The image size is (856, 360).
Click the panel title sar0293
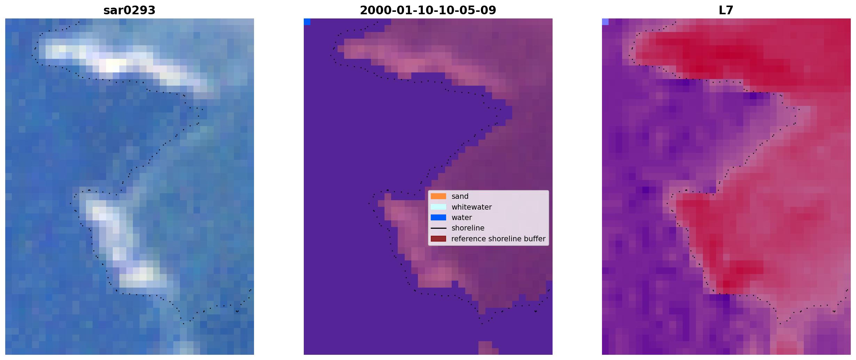pos(129,10)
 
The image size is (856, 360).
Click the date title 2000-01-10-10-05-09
pos(428,10)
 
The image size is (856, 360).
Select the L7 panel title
pos(726,10)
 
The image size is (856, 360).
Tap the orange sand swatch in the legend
pos(438,196)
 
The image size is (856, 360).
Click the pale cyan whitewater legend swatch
pos(438,207)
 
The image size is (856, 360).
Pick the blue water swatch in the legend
pos(438,218)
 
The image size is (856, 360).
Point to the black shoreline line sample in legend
pos(438,228)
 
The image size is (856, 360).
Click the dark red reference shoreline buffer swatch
pos(438,239)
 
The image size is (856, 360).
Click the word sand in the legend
pos(460,196)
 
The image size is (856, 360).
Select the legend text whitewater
pos(471,207)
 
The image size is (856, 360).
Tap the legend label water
pos(462,218)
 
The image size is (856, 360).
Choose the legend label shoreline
pos(468,228)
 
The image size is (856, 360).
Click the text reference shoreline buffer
pos(498,239)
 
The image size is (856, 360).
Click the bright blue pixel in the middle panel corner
pos(307,22)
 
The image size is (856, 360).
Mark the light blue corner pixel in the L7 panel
pos(605,22)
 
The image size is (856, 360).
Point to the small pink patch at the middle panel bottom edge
pos(488,348)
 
